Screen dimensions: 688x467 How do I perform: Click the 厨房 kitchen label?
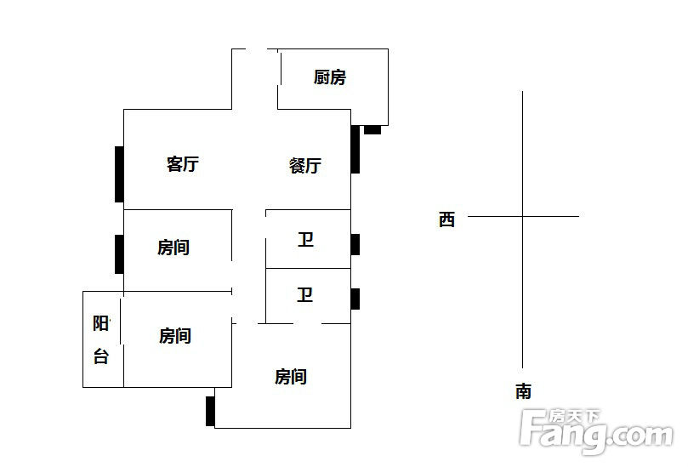pyautogui.click(x=329, y=77)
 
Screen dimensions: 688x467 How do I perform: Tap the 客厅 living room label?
pyautogui.click(x=183, y=164)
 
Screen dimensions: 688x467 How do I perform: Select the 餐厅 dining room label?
pyautogui.click(x=305, y=166)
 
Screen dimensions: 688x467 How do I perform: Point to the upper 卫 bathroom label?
pyautogui.click(x=305, y=240)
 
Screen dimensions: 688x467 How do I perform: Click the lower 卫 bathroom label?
pyautogui.click(x=305, y=294)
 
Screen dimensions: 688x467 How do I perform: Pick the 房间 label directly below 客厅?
pyautogui.click(x=173, y=248)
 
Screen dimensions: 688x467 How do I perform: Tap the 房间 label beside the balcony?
pyautogui.click(x=174, y=336)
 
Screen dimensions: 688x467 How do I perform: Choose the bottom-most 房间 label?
pyautogui.click(x=291, y=377)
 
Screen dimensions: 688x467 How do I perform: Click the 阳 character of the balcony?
pyautogui.click(x=101, y=324)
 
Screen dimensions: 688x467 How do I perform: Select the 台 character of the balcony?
pyautogui.click(x=101, y=356)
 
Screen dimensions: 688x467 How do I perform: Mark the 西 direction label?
pyautogui.click(x=446, y=219)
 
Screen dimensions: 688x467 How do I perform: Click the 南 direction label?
pyautogui.click(x=523, y=391)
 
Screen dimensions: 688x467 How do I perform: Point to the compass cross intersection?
pyautogui.click(x=522, y=216)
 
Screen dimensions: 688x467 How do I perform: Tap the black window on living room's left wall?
pyautogui.click(x=119, y=174)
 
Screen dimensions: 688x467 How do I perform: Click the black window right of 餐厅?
pyautogui.click(x=355, y=149)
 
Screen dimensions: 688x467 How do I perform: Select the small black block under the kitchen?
pyautogui.click(x=372, y=130)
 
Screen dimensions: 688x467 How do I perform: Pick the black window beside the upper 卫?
pyautogui.click(x=355, y=244)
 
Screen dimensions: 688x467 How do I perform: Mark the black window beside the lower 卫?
pyautogui.click(x=355, y=299)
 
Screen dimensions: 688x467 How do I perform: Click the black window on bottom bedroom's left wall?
pyautogui.click(x=210, y=411)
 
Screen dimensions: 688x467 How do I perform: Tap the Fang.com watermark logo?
pyautogui.click(x=596, y=431)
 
